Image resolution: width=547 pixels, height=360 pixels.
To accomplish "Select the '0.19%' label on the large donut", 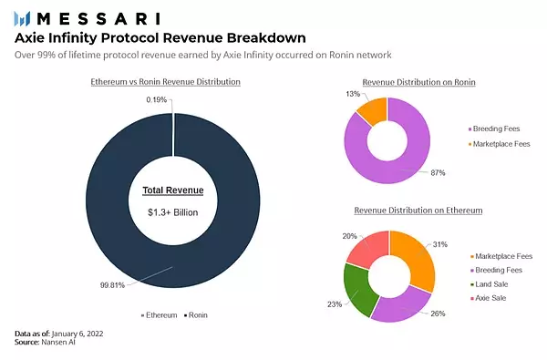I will (x=156, y=100).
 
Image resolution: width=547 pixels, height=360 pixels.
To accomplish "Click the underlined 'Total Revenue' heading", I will (x=173, y=191).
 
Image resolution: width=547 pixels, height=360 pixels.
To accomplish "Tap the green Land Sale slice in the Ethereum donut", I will (x=357, y=290).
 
